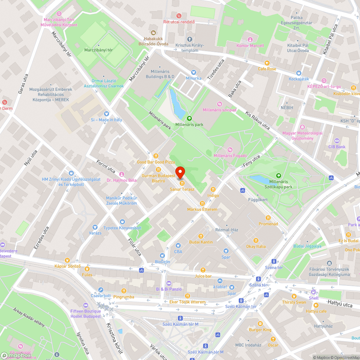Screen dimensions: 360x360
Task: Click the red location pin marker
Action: click(180, 172)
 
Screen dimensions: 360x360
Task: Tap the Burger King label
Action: click(260, 329)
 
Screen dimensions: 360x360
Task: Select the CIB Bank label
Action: click(337, 147)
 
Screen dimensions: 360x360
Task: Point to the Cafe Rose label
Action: click(267, 69)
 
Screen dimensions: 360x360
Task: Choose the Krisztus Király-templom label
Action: click(190, 48)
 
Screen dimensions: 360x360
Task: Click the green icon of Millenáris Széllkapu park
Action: click(278, 175)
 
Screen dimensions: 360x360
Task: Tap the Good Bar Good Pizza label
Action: click(156, 162)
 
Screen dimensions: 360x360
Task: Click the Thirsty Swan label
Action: click(294, 302)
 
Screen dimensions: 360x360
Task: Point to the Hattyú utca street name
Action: click(340, 305)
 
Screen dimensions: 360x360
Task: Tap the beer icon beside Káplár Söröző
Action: click(67, 260)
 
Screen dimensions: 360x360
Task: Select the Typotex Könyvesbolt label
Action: click(122, 228)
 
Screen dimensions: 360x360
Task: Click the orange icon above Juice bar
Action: click(203, 270)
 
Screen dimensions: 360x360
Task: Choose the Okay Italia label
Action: click(256, 246)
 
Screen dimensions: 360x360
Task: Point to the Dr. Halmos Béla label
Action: click(121, 180)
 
